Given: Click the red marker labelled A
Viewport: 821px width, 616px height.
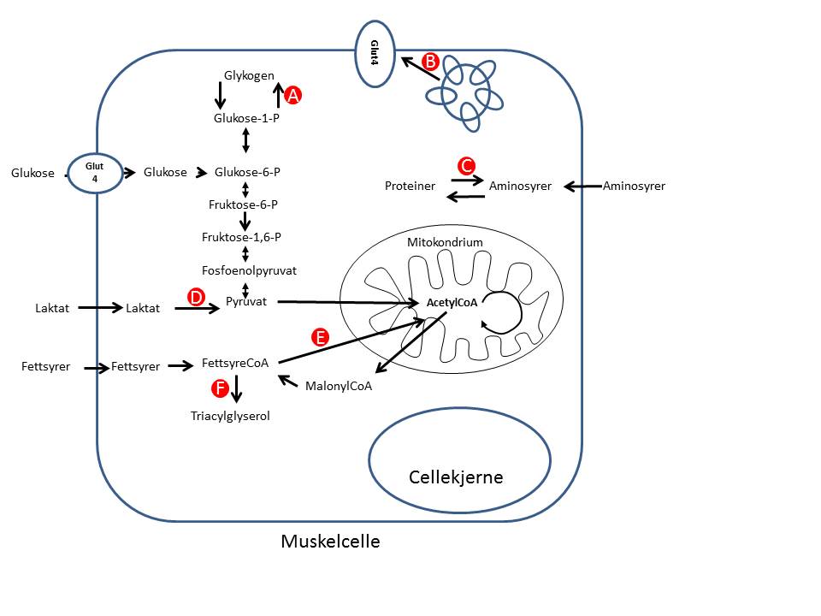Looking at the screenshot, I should pyautogui.click(x=292, y=96).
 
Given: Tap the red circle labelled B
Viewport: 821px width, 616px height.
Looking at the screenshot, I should pyautogui.click(x=430, y=62).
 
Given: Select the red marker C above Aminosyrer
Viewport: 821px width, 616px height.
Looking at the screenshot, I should pyautogui.click(x=467, y=164).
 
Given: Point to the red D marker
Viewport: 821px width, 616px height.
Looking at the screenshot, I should pyautogui.click(x=195, y=297).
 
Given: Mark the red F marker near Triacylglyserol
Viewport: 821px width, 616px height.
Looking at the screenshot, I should pyautogui.click(x=220, y=389).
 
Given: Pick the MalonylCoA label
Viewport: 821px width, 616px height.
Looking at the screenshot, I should pyautogui.click(x=338, y=387).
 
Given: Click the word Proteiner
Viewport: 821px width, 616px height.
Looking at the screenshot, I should pyautogui.click(x=410, y=186).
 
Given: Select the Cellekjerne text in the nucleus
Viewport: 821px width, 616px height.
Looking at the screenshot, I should pyautogui.click(x=456, y=477).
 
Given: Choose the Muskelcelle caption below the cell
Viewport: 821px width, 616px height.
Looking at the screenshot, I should pyautogui.click(x=330, y=542).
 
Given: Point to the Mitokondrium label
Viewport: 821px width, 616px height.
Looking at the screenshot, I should pyautogui.click(x=445, y=242).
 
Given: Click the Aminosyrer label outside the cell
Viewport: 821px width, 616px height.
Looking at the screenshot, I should pyautogui.click(x=634, y=186).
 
